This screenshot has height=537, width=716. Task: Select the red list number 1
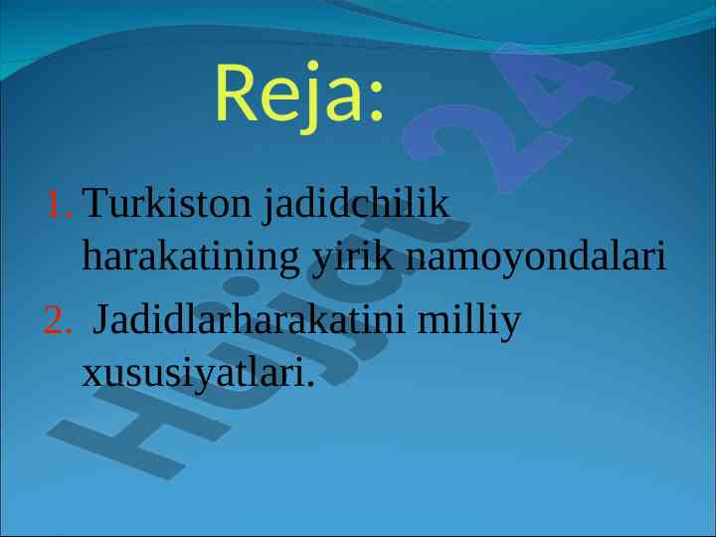pos(59,204)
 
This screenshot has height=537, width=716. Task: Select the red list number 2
pos(57,319)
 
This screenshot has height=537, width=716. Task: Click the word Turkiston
pos(166,203)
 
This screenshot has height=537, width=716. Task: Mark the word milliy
pos(469,320)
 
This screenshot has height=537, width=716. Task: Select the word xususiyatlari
pos(193,373)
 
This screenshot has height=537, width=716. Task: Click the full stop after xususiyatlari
pos(310,384)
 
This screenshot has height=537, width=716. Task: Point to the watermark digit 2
pos(486,147)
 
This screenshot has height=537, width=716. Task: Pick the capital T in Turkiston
pos(97,203)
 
